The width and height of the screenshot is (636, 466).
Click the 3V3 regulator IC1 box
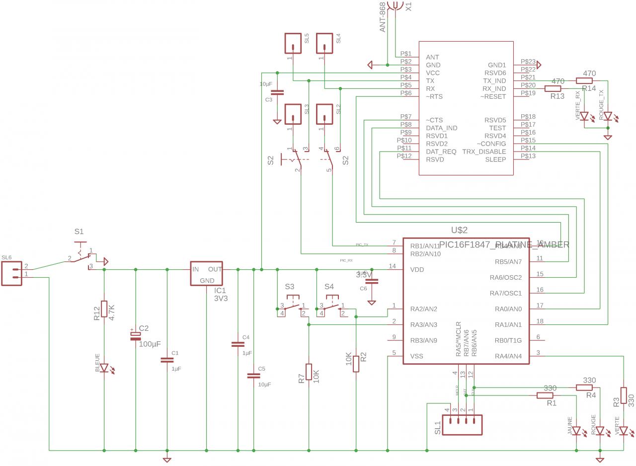(207, 273)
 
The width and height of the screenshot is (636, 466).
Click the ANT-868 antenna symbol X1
(395, 5)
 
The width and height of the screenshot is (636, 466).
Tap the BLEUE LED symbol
(104, 368)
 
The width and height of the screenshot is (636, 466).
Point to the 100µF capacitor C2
(135, 336)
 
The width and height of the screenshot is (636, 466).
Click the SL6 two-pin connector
(12, 274)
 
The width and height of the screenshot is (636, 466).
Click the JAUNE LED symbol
(576, 431)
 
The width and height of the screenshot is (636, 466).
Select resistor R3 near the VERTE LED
(624, 397)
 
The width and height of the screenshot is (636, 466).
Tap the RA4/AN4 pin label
(508, 356)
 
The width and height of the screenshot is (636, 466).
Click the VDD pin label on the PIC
(417, 269)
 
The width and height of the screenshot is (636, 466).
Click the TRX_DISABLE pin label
(484, 152)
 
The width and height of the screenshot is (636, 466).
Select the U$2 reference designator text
(459, 230)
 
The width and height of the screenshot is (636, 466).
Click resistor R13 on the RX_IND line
(553, 88)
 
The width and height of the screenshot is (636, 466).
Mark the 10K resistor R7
(309, 372)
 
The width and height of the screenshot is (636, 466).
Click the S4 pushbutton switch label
(329, 287)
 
